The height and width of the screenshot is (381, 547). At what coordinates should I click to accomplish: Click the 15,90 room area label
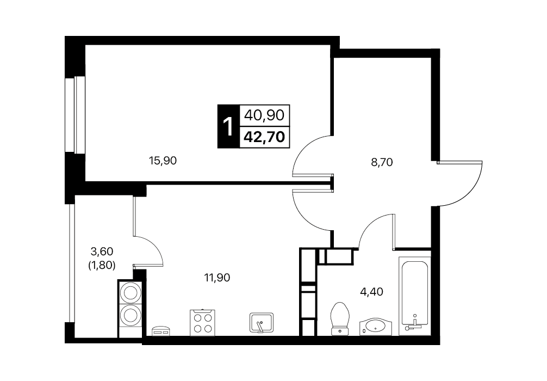(x=163, y=161)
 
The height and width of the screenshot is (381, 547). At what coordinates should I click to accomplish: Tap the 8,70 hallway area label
(x=382, y=162)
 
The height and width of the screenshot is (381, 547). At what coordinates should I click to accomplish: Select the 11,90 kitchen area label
(x=217, y=278)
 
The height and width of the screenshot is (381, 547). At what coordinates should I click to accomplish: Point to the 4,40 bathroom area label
(x=371, y=291)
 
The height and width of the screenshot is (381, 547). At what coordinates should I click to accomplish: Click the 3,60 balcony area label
(x=102, y=251)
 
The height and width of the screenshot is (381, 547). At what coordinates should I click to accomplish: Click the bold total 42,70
(x=264, y=137)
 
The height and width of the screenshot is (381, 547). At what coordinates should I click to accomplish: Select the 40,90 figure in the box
(x=264, y=115)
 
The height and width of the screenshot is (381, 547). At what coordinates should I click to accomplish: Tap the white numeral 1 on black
(x=228, y=126)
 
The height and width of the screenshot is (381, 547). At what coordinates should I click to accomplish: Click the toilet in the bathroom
(x=340, y=318)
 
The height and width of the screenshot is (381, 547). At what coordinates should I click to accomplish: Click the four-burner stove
(x=202, y=323)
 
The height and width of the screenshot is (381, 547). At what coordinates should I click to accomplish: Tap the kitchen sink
(x=262, y=322)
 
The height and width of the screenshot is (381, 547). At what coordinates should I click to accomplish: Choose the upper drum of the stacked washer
(x=130, y=292)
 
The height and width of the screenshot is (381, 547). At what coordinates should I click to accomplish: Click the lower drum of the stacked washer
(x=130, y=316)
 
